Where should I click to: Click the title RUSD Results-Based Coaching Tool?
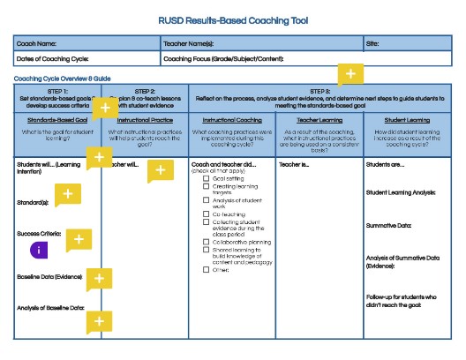click(233, 20)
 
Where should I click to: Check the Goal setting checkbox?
click(207, 177)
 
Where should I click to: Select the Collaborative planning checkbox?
click(207, 241)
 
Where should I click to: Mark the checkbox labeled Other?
click(207, 269)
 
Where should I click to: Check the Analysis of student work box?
click(207, 200)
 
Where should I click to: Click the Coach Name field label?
click(37, 42)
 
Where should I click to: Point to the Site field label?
click(374, 42)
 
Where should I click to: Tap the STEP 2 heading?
click(145, 91)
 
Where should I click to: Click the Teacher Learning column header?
click(319, 119)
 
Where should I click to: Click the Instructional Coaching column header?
click(232, 119)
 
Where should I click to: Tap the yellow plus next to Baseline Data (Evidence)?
click(100, 278)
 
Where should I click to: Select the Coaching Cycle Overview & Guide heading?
click(62, 79)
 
